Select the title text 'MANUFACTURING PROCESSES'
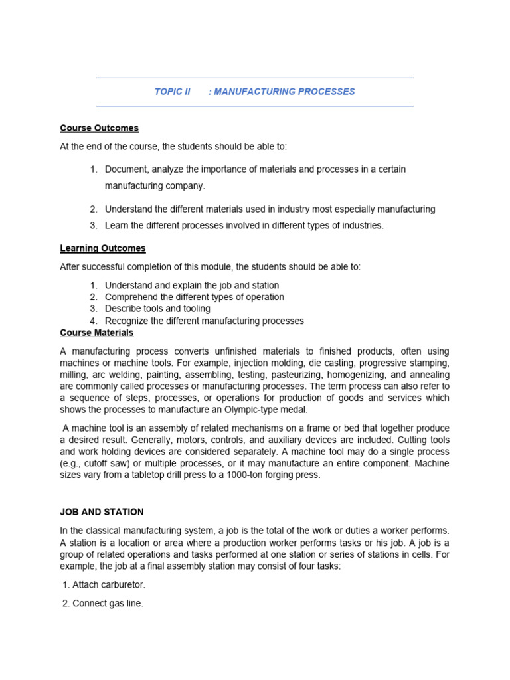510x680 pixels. tap(284, 92)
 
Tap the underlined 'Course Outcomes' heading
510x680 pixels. tap(99, 128)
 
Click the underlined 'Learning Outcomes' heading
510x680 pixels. tap(102, 248)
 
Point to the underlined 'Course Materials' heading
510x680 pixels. tap(96, 333)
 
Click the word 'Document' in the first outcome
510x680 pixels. tap(125, 169)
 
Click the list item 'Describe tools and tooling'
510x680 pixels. tap(157, 309)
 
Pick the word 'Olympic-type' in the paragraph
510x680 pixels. tap(258, 410)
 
